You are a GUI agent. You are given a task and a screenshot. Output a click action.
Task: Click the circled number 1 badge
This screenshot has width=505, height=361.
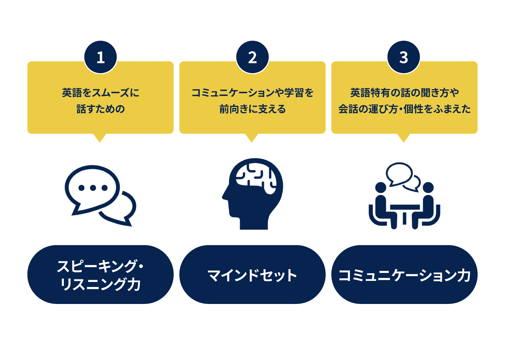[x=101, y=57]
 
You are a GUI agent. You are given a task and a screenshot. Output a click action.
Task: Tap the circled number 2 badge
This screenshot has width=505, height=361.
[x=252, y=57]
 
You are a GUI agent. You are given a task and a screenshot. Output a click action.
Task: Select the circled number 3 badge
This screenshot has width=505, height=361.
[x=404, y=57]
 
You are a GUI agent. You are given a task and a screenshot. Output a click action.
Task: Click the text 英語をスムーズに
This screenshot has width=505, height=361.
[x=101, y=93]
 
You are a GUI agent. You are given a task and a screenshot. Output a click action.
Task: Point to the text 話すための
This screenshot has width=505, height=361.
[x=101, y=109]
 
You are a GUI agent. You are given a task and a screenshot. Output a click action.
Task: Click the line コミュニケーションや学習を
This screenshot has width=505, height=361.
[x=252, y=93]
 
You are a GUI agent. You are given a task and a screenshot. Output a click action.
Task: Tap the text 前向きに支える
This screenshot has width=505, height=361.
[x=252, y=109]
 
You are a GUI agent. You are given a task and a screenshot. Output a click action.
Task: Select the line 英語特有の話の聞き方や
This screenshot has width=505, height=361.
[x=404, y=93]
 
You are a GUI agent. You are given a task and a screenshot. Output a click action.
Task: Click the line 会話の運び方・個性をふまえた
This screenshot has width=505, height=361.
[x=404, y=109]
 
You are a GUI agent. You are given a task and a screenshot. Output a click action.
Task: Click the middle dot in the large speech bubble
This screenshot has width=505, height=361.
[x=93, y=188]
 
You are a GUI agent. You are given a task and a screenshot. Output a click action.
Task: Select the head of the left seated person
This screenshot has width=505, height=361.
[x=381, y=187]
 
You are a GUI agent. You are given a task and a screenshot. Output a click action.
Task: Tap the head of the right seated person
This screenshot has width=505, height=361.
[x=428, y=187]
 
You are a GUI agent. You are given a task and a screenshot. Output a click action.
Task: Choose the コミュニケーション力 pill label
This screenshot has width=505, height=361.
[x=404, y=275]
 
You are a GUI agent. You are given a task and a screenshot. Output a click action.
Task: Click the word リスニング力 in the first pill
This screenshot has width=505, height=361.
[x=101, y=284]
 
